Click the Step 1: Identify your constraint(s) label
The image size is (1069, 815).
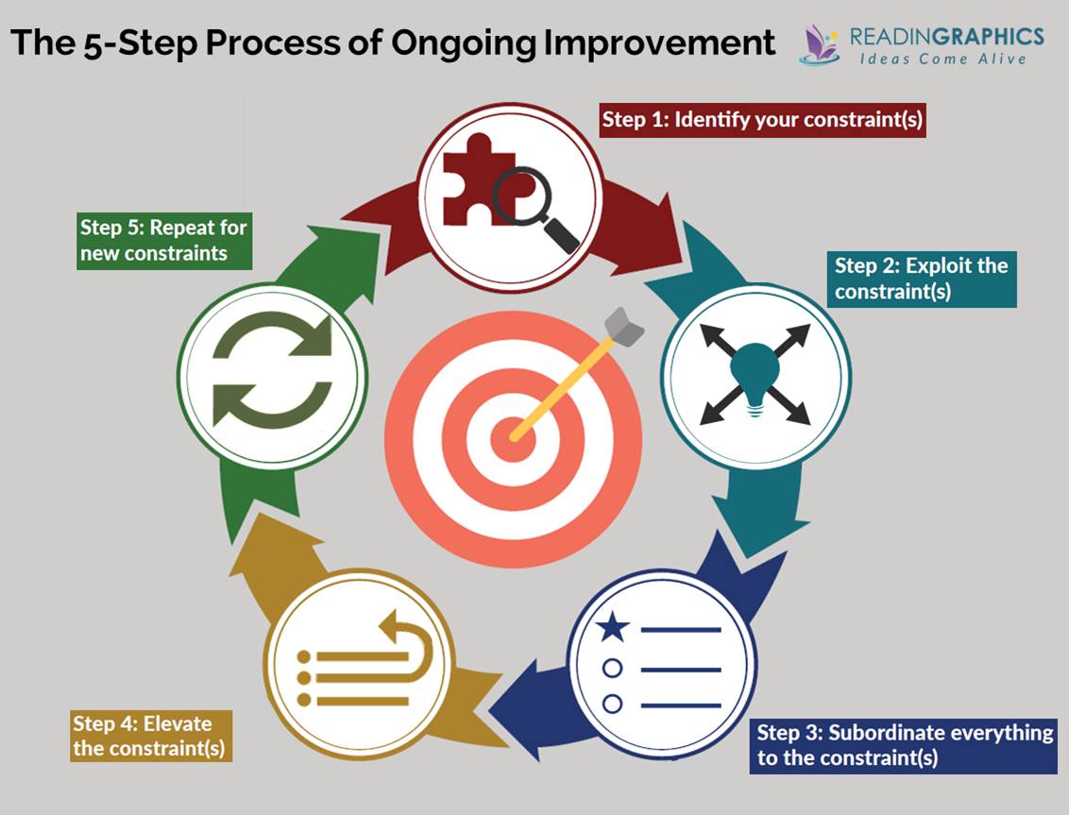coord(762,122)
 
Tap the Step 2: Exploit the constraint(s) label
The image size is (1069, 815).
coord(922,279)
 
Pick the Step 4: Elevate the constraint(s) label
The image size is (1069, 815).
coord(150,737)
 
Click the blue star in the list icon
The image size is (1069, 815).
coord(613,627)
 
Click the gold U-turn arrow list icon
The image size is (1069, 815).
coord(365,661)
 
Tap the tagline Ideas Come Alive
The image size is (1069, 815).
coord(942,59)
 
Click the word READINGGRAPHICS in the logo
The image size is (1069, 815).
coord(946,36)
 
